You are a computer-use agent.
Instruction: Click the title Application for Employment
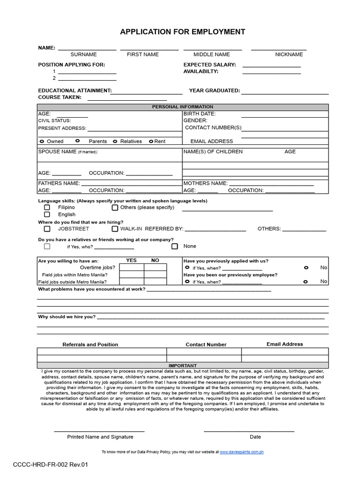pyautogui.click(x=182, y=32)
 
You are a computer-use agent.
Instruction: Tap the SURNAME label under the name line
pyautogui.click(x=83, y=54)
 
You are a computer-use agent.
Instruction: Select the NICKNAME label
pyautogui.click(x=289, y=54)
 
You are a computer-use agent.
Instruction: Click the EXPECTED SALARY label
pyautogui.click(x=210, y=65)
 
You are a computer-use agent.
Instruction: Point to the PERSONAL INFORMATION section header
pyautogui.click(x=182, y=107)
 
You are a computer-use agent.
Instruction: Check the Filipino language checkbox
pyautogui.click(x=47, y=207)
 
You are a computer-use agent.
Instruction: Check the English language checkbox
pyautogui.click(x=47, y=214)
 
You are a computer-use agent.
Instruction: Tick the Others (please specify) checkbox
pyautogui.click(x=115, y=207)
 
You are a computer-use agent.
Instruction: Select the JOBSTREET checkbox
pyautogui.click(x=47, y=229)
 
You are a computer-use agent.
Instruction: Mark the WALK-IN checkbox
pyautogui.click(x=115, y=229)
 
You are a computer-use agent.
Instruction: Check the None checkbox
pyautogui.click(x=174, y=246)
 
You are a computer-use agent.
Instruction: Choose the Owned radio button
pyautogui.click(x=42, y=141)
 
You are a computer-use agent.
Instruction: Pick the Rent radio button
pyautogui.click(x=151, y=141)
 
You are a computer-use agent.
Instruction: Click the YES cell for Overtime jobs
pyautogui.click(x=132, y=267)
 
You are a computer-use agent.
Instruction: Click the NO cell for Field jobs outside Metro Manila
pyautogui.click(x=155, y=282)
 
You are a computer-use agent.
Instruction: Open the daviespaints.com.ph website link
pyautogui.click(x=241, y=452)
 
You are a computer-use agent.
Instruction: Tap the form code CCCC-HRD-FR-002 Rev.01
pyautogui.click(x=50, y=465)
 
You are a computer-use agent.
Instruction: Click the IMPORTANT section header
pyautogui.click(x=182, y=366)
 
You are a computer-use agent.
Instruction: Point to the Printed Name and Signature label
pyautogui.click(x=100, y=437)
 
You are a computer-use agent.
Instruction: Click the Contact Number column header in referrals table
pyautogui.click(x=206, y=345)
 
